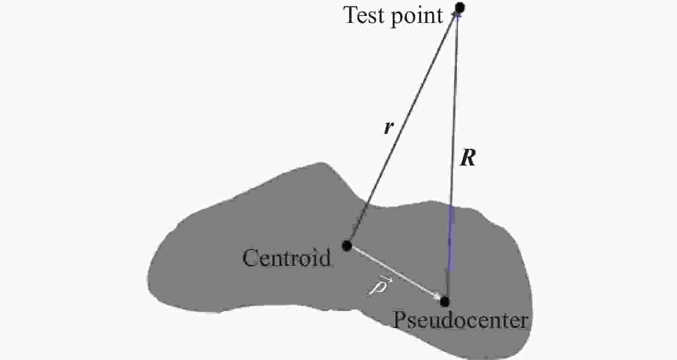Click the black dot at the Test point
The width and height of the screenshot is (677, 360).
click(460, 7)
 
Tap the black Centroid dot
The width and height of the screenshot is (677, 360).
click(347, 246)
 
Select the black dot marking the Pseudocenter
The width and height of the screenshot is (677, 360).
click(444, 302)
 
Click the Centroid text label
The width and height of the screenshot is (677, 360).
click(286, 258)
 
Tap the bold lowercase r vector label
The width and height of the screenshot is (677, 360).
click(388, 127)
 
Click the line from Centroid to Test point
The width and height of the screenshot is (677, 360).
click(404, 127)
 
